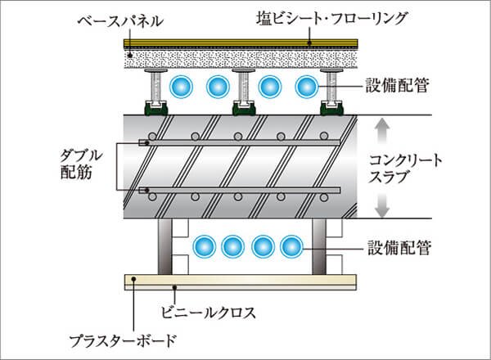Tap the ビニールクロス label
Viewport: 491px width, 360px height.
[222, 310]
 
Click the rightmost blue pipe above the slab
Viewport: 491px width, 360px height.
[306, 86]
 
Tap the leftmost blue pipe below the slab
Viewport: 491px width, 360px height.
[200, 245]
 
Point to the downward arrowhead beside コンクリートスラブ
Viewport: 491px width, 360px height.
[378, 212]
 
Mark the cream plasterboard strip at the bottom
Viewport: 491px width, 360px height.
[245, 282]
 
